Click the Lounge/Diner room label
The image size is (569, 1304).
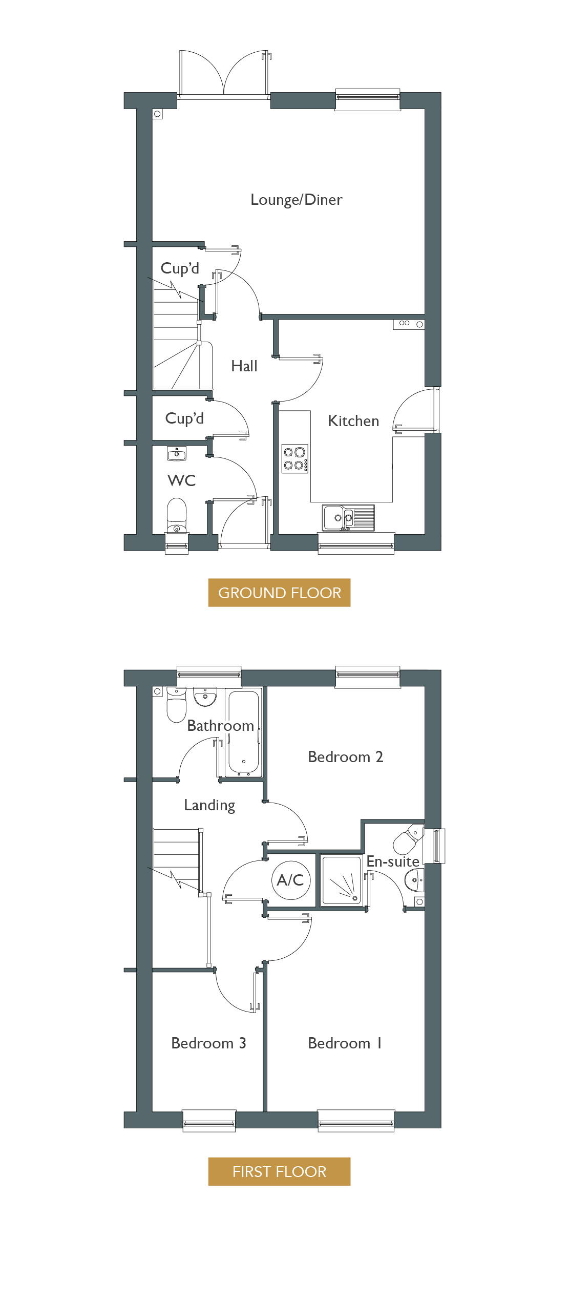point(296,200)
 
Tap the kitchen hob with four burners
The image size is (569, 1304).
point(295,458)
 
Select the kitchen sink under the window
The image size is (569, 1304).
point(348,517)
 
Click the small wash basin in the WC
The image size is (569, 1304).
point(177,453)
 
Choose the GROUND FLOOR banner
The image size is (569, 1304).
point(279,593)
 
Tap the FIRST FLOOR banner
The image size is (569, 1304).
point(279,1171)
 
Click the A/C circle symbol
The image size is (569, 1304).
point(290,880)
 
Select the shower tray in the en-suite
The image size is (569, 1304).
point(341,880)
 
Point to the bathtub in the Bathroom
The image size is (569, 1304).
point(244,732)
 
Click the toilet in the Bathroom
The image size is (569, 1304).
point(176,705)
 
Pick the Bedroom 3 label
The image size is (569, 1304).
point(208,1043)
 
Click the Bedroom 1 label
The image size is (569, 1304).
point(345,1043)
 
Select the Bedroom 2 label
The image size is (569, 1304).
point(345,756)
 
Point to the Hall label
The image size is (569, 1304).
point(244,366)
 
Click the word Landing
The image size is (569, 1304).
point(209,806)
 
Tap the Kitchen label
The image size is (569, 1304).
point(353,421)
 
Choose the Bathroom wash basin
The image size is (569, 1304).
point(205,697)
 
